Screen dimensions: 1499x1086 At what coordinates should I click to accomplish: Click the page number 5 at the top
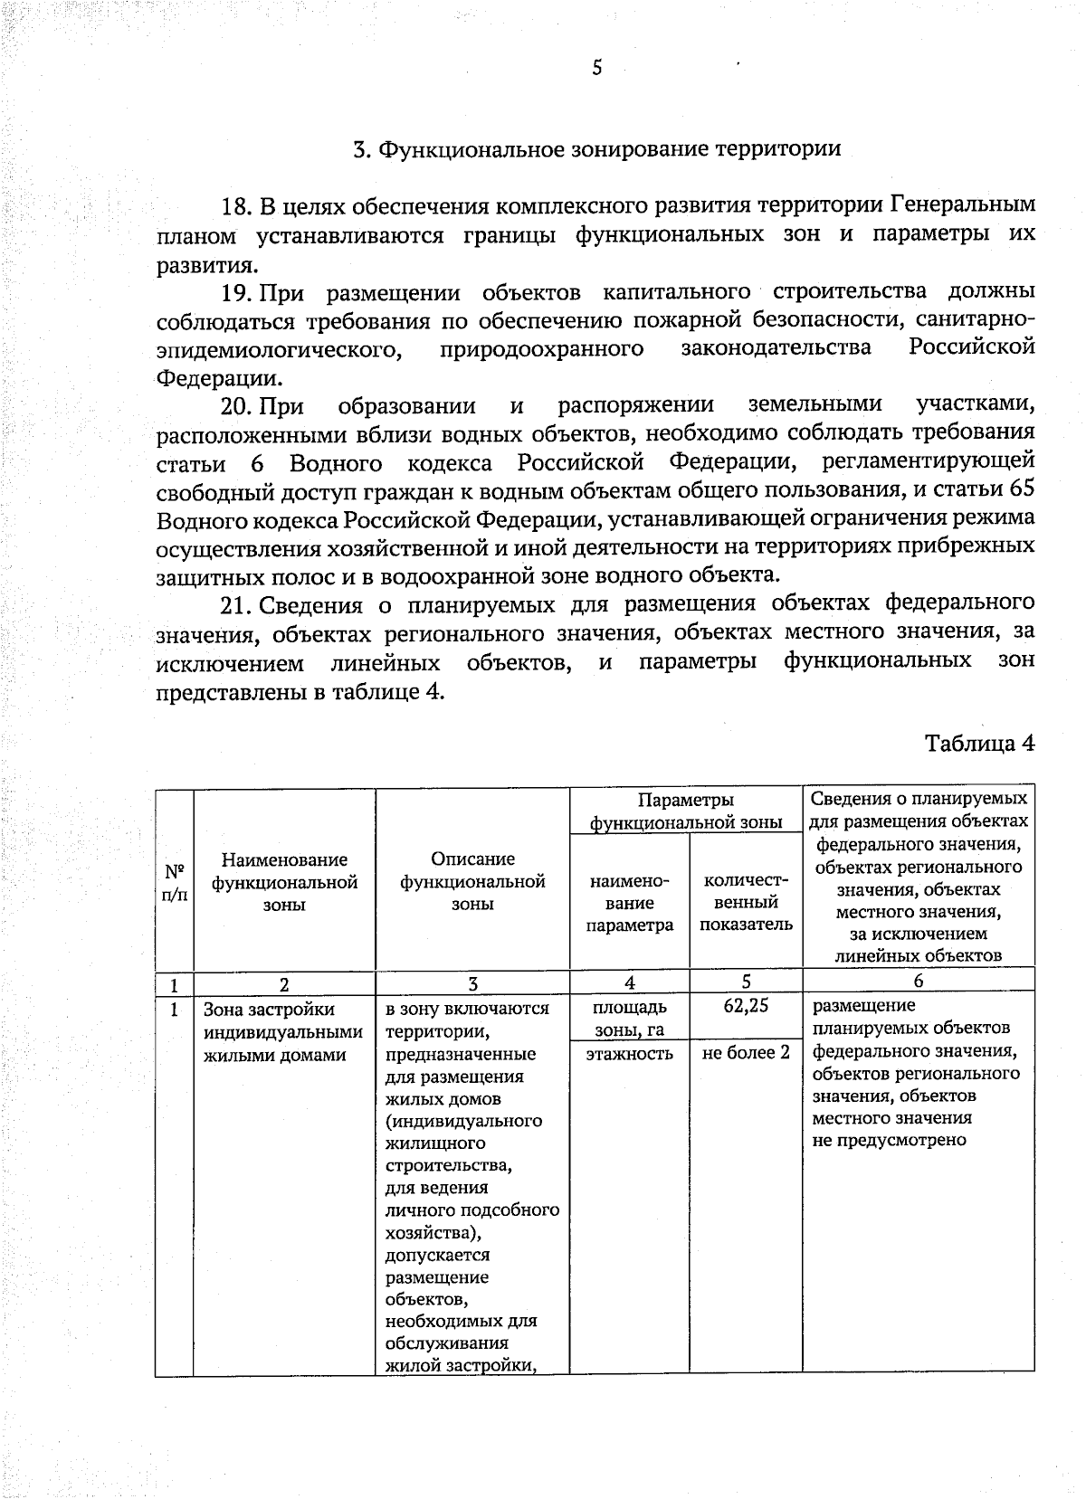pos(596,68)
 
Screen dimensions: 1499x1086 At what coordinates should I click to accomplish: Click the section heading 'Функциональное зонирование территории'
pos(608,149)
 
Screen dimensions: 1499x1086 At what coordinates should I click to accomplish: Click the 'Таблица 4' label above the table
pos(979,743)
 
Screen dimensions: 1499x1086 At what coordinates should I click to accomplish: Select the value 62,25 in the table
pos(746,1006)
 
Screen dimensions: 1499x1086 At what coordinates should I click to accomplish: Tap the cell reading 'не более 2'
pos(746,1053)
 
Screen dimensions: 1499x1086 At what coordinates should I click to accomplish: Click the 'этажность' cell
pos(629,1053)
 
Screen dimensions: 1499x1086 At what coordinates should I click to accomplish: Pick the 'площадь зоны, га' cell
pos(629,1018)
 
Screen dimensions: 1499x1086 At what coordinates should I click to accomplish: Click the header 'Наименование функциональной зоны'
pos(284,882)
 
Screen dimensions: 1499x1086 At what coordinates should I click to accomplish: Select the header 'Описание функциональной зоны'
pos(472,881)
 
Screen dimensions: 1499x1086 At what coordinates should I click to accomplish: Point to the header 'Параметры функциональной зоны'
pos(685,811)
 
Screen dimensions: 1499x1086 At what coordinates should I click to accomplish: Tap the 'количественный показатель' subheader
pos(746,902)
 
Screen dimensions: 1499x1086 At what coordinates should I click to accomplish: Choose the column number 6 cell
pos(918,982)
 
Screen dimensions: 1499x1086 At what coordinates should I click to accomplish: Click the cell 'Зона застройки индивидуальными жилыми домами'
pos(283,1032)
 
